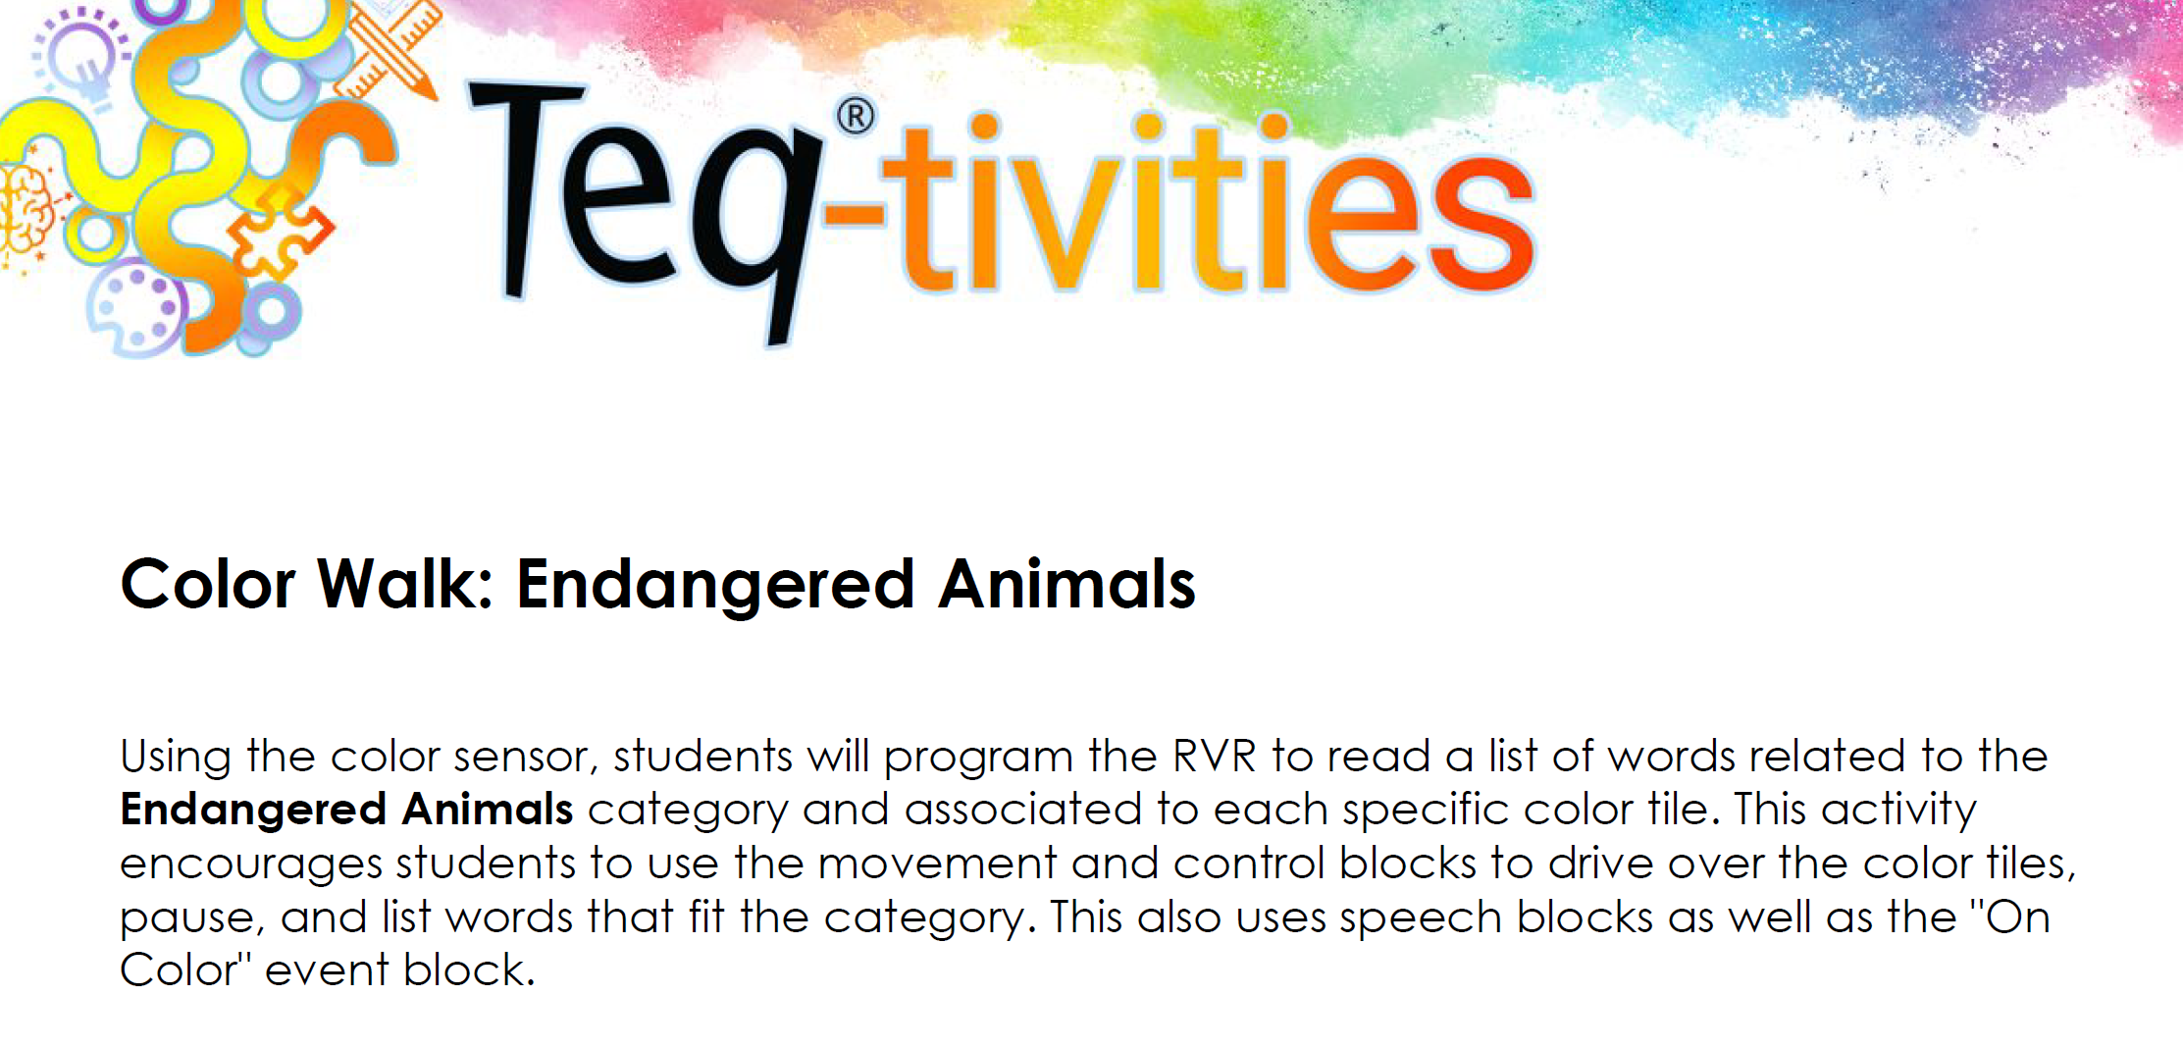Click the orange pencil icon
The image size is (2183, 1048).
[x=392, y=49]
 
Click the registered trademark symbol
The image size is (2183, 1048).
[x=856, y=117]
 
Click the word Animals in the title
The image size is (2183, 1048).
[x=1067, y=585]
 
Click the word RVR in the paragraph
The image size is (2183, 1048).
[x=1215, y=757]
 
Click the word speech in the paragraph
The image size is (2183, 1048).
[x=1421, y=918]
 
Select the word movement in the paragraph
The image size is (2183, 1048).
[x=937, y=865]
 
